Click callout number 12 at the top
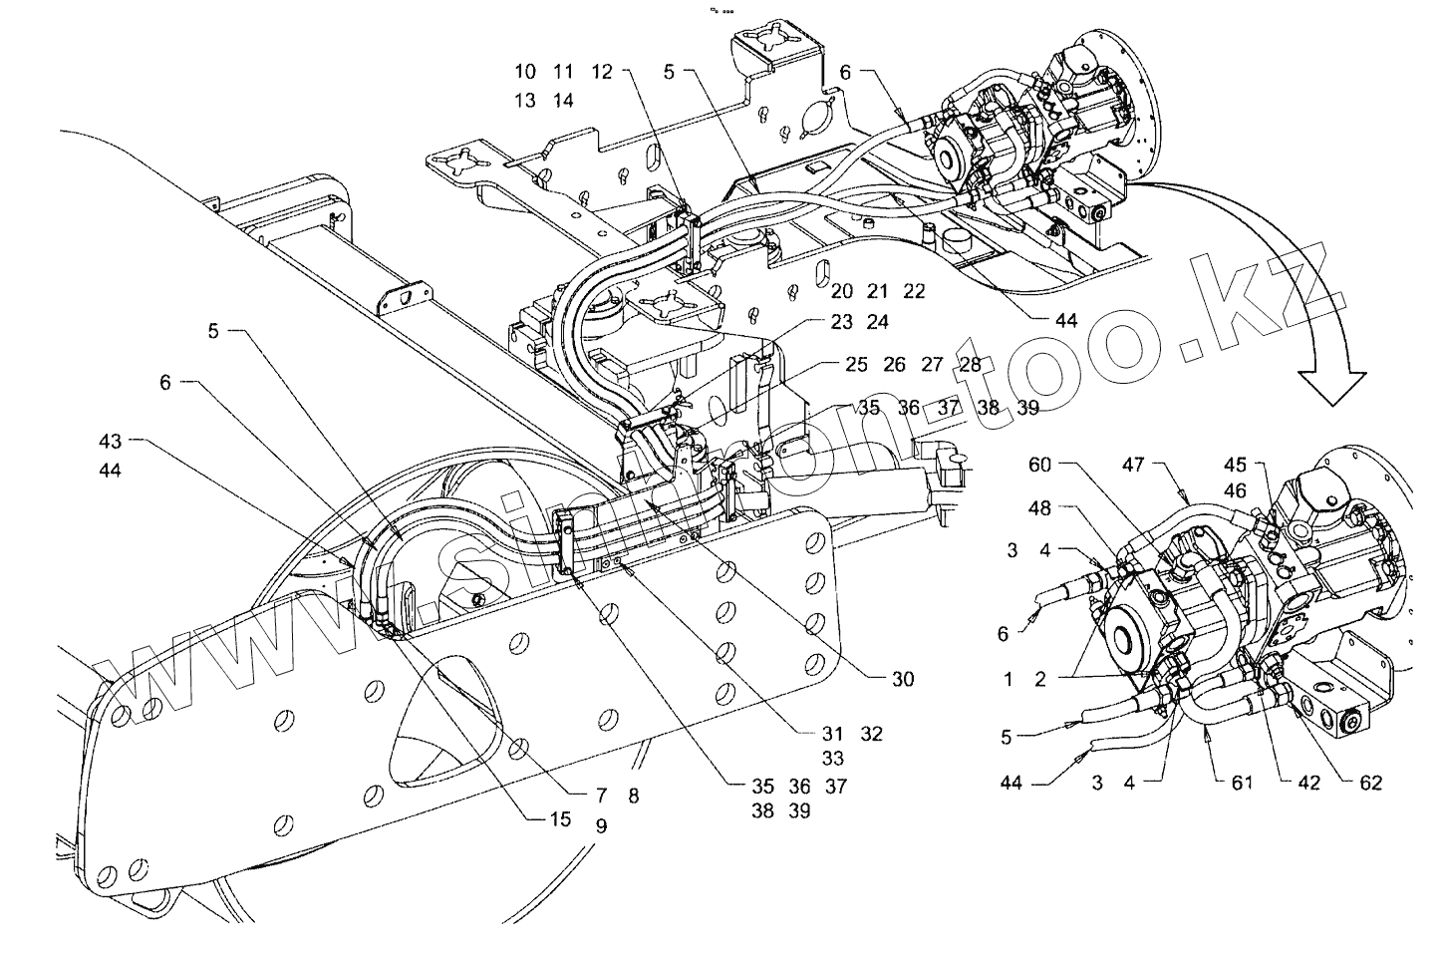[601, 72]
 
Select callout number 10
[525, 72]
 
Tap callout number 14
[563, 101]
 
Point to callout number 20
[842, 292]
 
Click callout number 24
[878, 322]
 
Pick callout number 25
[857, 365]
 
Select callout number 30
[902, 680]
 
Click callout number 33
[834, 759]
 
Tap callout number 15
[559, 819]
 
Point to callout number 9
[601, 825]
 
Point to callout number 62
[1371, 783]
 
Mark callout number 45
[1236, 465]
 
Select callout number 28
[970, 365]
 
